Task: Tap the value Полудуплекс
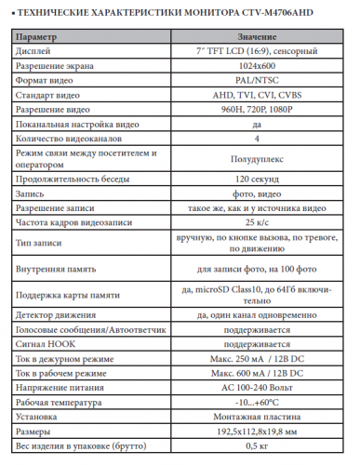click(256, 158)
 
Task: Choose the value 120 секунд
click(256, 178)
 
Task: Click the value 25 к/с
click(256, 223)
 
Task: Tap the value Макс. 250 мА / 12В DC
click(256, 359)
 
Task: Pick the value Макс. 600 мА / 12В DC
click(256, 373)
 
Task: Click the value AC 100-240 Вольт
click(256, 386)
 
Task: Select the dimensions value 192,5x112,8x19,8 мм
click(256, 431)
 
